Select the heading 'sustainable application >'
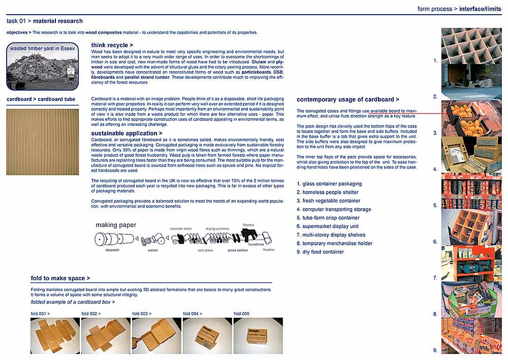coord(126,133)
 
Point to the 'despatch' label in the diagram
coord(112,250)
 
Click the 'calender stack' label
coord(180,229)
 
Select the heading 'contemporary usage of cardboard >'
coord(347,100)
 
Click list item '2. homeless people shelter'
coord(327,192)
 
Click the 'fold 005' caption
coord(241,314)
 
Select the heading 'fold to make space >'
coord(60,278)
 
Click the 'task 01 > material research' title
coord(45,21)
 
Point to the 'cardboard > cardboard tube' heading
coord(41,99)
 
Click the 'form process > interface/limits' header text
coord(459,9)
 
